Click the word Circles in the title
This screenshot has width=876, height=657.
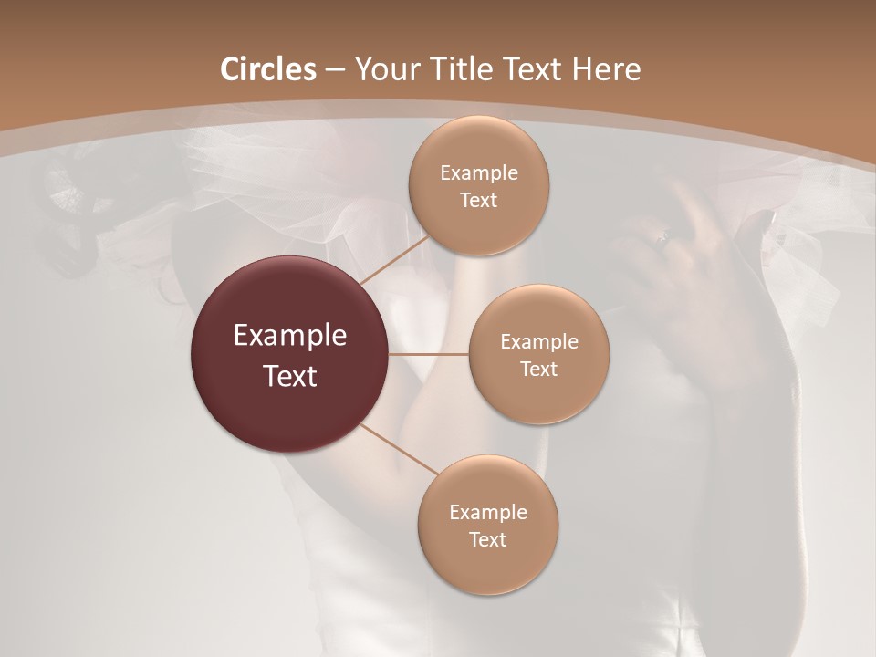(x=267, y=69)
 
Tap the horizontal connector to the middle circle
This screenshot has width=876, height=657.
(x=429, y=354)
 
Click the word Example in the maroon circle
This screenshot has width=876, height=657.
(x=290, y=336)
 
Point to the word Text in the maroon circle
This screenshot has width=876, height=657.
(x=290, y=376)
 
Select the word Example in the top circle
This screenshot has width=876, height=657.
(x=479, y=173)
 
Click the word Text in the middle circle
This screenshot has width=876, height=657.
(x=538, y=370)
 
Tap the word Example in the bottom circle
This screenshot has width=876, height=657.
(x=488, y=513)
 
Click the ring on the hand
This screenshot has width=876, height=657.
(x=663, y=237)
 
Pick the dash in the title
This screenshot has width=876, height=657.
(x=334, y=69)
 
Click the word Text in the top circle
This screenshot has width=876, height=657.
(x=479, y=201)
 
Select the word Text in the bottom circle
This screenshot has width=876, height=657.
(x=488, y=540)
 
